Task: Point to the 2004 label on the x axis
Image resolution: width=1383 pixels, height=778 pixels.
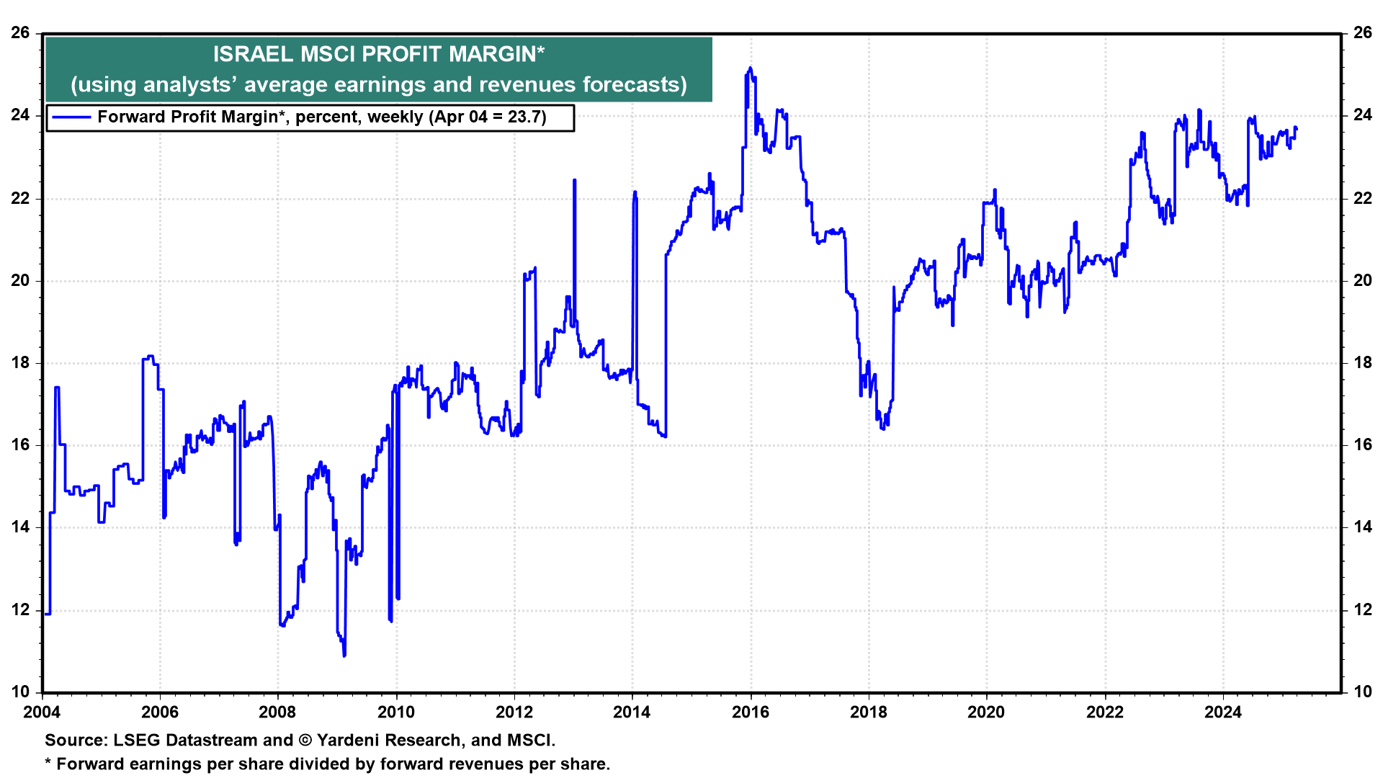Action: pos(42,712)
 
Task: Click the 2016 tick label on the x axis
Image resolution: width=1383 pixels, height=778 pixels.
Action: pos(751,712)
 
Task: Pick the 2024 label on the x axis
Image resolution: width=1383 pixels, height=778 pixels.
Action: pos(1223,712)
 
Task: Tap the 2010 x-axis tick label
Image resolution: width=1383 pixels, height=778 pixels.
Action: pos(396,712)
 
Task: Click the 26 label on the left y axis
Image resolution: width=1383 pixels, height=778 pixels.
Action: pos(20,32)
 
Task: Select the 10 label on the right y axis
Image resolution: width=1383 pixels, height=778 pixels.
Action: pos(1363,692)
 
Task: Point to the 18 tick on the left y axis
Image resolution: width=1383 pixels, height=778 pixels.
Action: pos(20,362)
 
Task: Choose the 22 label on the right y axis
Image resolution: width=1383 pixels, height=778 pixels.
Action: pos(1363,198)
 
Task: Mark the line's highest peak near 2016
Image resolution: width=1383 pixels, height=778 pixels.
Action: pos(750,68)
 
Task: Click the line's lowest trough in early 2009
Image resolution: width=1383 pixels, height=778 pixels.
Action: pos(344,656)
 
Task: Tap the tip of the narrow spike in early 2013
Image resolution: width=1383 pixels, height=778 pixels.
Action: pos(574,180)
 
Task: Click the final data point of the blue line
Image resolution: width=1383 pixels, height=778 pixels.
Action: pos(1296,128)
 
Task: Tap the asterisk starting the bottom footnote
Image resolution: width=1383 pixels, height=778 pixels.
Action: pos(48,762)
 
